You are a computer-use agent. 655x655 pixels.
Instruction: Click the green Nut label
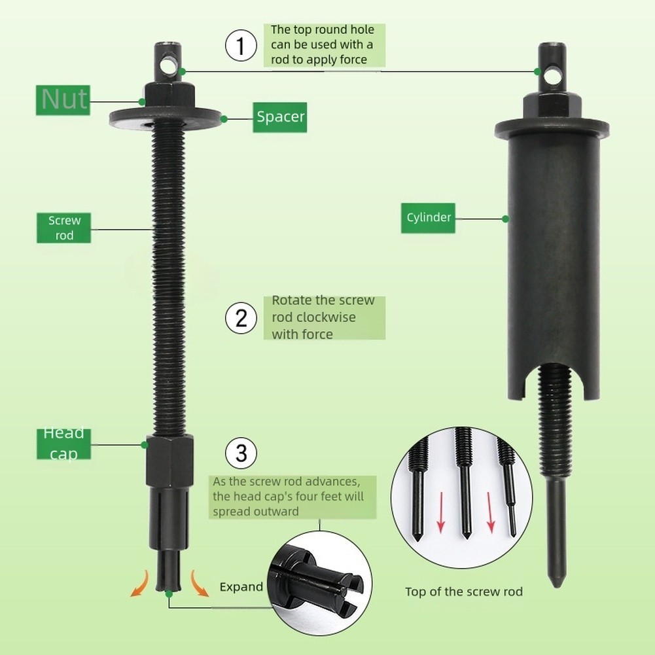click(63, 100)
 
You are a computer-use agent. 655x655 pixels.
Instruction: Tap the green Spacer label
click(280, 117)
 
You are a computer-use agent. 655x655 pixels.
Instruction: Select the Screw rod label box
click(64, 228)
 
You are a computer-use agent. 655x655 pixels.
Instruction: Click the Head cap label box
click(64, 444)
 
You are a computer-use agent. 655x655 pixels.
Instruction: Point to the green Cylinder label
click(428, 218)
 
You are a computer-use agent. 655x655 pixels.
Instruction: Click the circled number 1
click(241, 46)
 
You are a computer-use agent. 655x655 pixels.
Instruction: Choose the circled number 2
click(241, 318)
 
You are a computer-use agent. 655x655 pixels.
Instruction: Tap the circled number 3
click(241, 453)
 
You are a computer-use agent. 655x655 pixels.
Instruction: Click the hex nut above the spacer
click(170, 97)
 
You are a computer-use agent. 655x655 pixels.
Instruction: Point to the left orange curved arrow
click(140, 584)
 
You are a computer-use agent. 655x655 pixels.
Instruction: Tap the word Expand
click(241, 587)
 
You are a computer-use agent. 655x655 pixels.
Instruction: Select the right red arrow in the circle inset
click(491, 512)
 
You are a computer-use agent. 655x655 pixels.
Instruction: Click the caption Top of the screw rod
click(464, 592)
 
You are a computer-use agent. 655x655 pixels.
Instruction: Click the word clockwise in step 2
click(313, 317)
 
